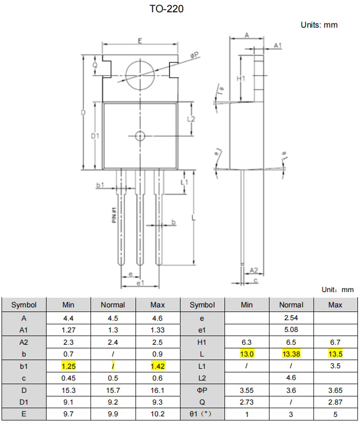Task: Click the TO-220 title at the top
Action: [166, 9]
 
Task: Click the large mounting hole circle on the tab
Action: [140, 75]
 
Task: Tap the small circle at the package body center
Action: [140, 136]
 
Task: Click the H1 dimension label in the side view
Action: [241, 78]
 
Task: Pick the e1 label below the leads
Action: [140, 282]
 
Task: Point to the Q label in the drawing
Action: [95, 65]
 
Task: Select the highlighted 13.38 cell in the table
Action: [291, 354]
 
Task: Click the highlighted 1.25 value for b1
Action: [69, 366]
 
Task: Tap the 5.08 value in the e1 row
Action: [291, 329]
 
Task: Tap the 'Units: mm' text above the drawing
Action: [319, 25]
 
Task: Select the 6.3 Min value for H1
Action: [246, 342]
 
